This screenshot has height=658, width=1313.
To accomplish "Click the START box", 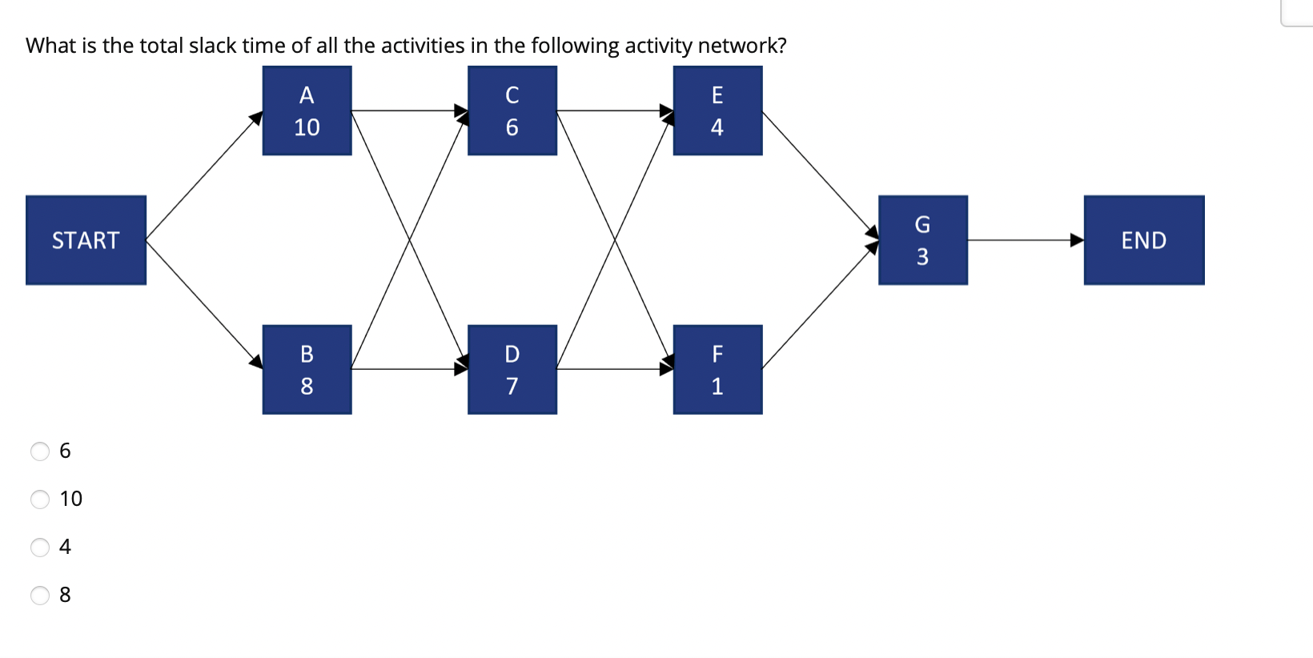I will click(x=86, y=240).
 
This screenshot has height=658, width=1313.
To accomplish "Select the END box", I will click(x=1143, y=240).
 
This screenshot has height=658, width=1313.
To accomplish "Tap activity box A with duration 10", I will click(x=307, y=110).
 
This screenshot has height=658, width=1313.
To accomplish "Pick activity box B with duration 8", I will click(x=307, y=369).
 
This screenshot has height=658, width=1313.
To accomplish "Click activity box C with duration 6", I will click(x=512, y=110).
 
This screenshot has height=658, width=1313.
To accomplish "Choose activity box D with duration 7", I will click(x=512, y=369).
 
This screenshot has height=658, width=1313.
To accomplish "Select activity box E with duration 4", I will click(x=717, y=110).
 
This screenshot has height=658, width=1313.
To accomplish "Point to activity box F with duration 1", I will click(x=717, y=369).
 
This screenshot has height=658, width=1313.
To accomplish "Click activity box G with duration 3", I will click(x=922, y=240).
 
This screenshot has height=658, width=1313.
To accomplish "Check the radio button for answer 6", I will click(x=40, y=451).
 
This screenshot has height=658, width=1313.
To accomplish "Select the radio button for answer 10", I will click(x=40, y=500).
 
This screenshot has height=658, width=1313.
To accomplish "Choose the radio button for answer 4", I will click(x=40, y=548).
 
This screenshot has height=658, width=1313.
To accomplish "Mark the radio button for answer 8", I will click(x=40, y=596).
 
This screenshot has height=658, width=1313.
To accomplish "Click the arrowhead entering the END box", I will click(x=1077, y=240).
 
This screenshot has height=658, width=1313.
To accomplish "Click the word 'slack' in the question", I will click(x=212, y=46).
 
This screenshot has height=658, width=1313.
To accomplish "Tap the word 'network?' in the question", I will click(x=742, y=46).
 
